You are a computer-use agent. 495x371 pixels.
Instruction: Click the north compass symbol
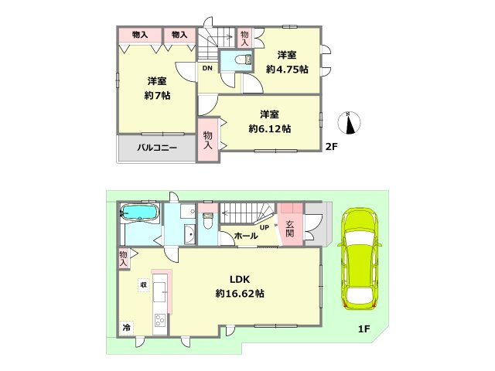point(349,123)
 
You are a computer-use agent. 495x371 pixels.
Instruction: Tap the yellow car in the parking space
point(360,259)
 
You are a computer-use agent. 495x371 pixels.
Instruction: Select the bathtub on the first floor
point(140,212)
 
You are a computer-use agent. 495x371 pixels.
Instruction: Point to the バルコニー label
point(157,148)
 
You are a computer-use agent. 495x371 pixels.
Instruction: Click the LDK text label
point(240,279)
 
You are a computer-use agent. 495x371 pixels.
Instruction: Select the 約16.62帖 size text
point(240,294)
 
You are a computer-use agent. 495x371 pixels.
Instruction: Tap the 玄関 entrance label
point(290,229)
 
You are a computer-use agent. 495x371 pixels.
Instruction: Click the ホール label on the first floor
point(246,235)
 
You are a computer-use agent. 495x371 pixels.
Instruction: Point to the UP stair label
point(265,227)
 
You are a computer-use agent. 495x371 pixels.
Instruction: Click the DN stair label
point(207,68)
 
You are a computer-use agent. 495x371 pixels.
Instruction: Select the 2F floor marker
point(332,146)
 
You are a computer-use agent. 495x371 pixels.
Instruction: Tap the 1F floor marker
point(364,329)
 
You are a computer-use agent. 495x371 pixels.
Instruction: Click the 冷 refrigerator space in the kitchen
point(126,328)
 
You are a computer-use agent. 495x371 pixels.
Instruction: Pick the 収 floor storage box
point(143,285)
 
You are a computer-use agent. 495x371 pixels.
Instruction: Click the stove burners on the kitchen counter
point(160,321)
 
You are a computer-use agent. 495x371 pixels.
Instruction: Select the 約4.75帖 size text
point(287,70)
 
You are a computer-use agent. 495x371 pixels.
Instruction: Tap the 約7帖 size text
point(157,95)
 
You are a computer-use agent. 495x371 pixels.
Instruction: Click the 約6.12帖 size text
point(270,129)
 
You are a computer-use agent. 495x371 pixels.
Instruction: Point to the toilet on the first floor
point(208,220)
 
